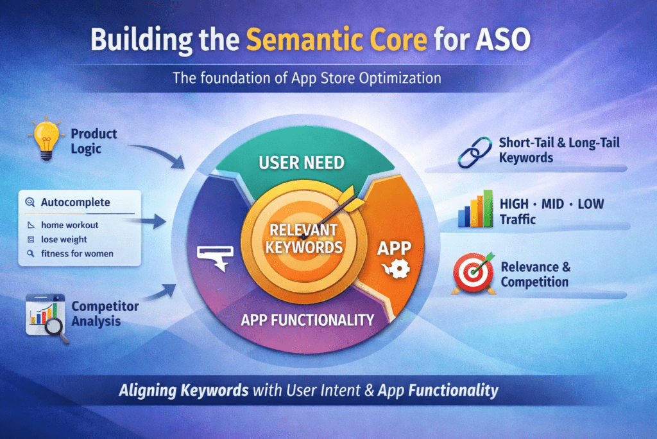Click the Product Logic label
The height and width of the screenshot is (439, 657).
pos(94,141)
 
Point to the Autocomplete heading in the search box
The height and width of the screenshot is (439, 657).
pos(75,202)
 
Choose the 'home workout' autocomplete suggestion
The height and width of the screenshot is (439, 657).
pos(69,226)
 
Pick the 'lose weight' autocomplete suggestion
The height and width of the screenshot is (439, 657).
pos(64,239)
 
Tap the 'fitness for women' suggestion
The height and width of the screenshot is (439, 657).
pos(77,253)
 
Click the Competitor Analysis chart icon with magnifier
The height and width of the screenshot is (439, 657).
pos(47,316)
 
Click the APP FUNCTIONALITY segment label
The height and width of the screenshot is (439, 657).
pos(307,319)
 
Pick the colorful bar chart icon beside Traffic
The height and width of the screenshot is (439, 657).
pos(475,209)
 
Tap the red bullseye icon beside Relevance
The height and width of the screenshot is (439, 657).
pos(474,273)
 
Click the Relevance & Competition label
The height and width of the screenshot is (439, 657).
pos(535,274)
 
